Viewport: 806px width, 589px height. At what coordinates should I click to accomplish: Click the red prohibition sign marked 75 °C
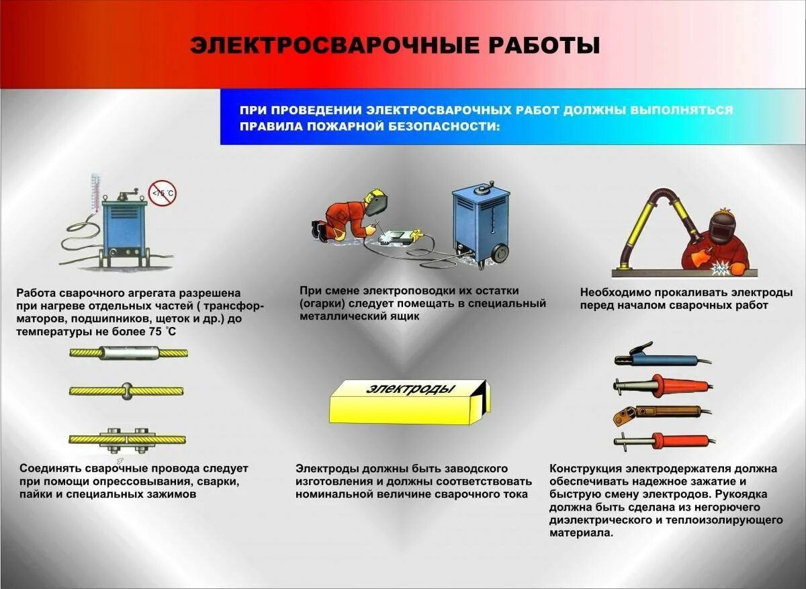coord(162,193)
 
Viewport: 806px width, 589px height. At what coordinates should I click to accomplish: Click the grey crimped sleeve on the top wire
coord(128,352)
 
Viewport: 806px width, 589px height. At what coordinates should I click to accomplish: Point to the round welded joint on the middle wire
coord(128,390)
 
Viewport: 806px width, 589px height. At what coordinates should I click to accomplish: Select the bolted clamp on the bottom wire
coord(128,439)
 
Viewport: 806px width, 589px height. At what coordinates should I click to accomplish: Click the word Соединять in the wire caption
coord(49,468)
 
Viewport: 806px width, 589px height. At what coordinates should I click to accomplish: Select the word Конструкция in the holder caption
coord(584,468)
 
